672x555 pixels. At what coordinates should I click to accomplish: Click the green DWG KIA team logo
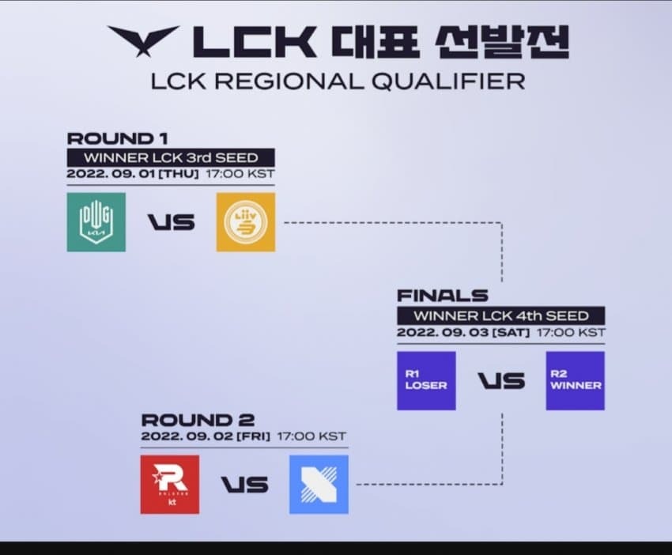click(x=96, y=222)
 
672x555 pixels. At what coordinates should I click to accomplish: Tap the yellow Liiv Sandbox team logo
click(x=245, y=222)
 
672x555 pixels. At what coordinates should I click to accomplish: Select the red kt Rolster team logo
click(x=169, y=485)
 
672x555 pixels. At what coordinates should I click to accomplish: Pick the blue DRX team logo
click(x=319, y=485)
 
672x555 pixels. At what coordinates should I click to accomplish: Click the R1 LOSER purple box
click(x=426, y=381)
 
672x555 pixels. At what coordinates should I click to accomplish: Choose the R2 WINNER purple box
click(x=575, y=381)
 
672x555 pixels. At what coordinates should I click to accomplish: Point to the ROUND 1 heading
click(x=111, y=139)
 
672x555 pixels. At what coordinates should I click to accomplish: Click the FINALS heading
click(x=442, y=296)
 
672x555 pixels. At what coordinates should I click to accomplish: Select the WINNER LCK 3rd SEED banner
click(x=171, y=157)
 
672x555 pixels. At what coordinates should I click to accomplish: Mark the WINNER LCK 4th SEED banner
click(x=501, y=315)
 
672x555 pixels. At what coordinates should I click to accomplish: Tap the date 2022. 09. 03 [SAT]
click(x=462, y=333)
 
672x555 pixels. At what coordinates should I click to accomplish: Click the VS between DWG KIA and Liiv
click(x=171, y=222)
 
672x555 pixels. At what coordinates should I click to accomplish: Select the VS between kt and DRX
click(x=244, y=485)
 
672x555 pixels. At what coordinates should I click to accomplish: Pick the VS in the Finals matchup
click(x=500, y=381)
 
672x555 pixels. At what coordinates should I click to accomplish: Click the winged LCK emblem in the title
click(x=143, y=40)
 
